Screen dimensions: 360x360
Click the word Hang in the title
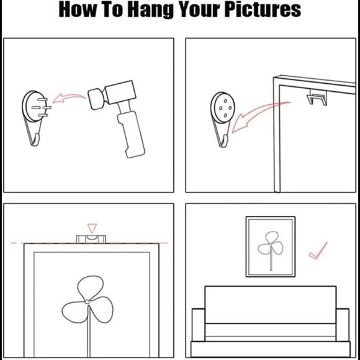point(150,11)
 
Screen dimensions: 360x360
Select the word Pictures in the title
point(263,9)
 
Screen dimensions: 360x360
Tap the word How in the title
point(78,9)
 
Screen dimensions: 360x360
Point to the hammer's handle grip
point(131,134)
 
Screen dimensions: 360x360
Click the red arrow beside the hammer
point(69,98)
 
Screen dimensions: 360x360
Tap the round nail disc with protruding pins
point(34,106)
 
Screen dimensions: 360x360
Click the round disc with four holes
point(222,108)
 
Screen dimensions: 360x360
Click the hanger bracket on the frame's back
point(317,97)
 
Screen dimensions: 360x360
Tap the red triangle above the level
point(92,228)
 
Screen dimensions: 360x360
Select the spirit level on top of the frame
point(91,239)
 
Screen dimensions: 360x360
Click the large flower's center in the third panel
point(87,302)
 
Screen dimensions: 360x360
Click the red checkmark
point(318,251)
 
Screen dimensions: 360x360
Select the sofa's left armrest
point(199,325)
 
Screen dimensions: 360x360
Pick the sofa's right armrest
point(343,325)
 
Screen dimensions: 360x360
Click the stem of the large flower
point(89,331)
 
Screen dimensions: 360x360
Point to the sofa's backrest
point(271,305)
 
